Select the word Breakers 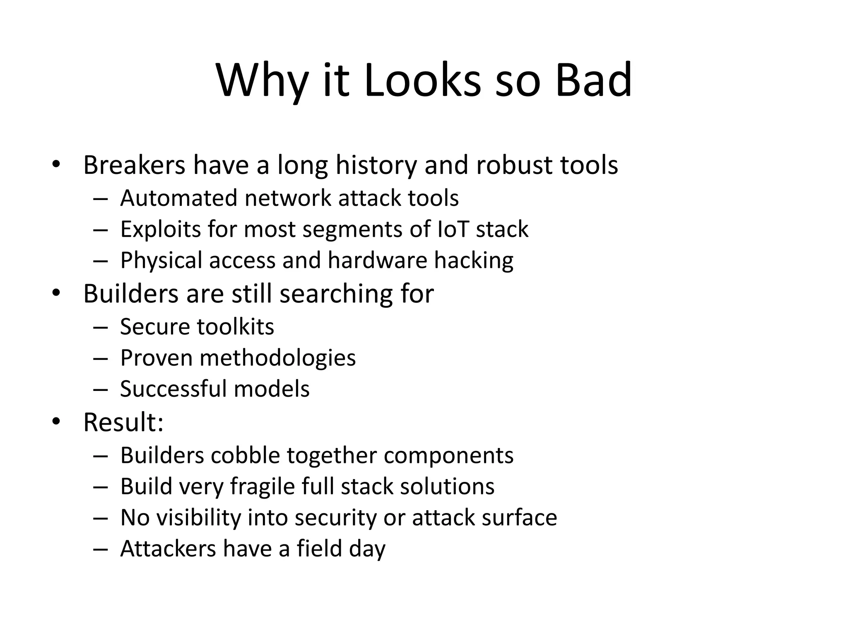pyautogui.click(x=134, y=165)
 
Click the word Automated pyautogui.click(x=178, y=198)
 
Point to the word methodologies pyautogui.click(x=277, y=358)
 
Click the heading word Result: pyautogui.click(x=123, y=422)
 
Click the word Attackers pyautogui.click(x=168, y=549)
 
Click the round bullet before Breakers pyautogui.click(x=56, y=165)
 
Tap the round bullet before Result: pyautogui.click(x=56, y=422)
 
